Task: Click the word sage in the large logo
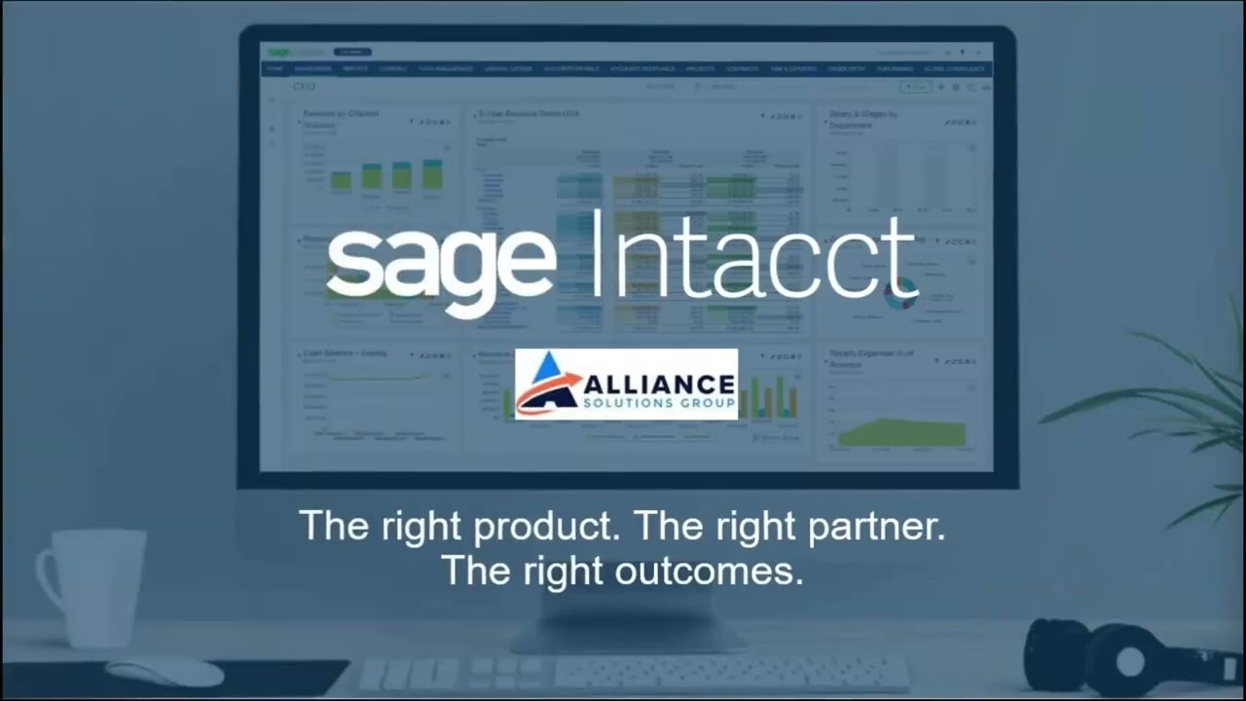pos(440,261)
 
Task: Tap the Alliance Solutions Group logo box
pos(626,384)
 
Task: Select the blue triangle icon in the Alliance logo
pos(547,369)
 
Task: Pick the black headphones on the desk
pos(1119,658)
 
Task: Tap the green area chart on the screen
pos(900,432)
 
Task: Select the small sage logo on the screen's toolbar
pos(280,52)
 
